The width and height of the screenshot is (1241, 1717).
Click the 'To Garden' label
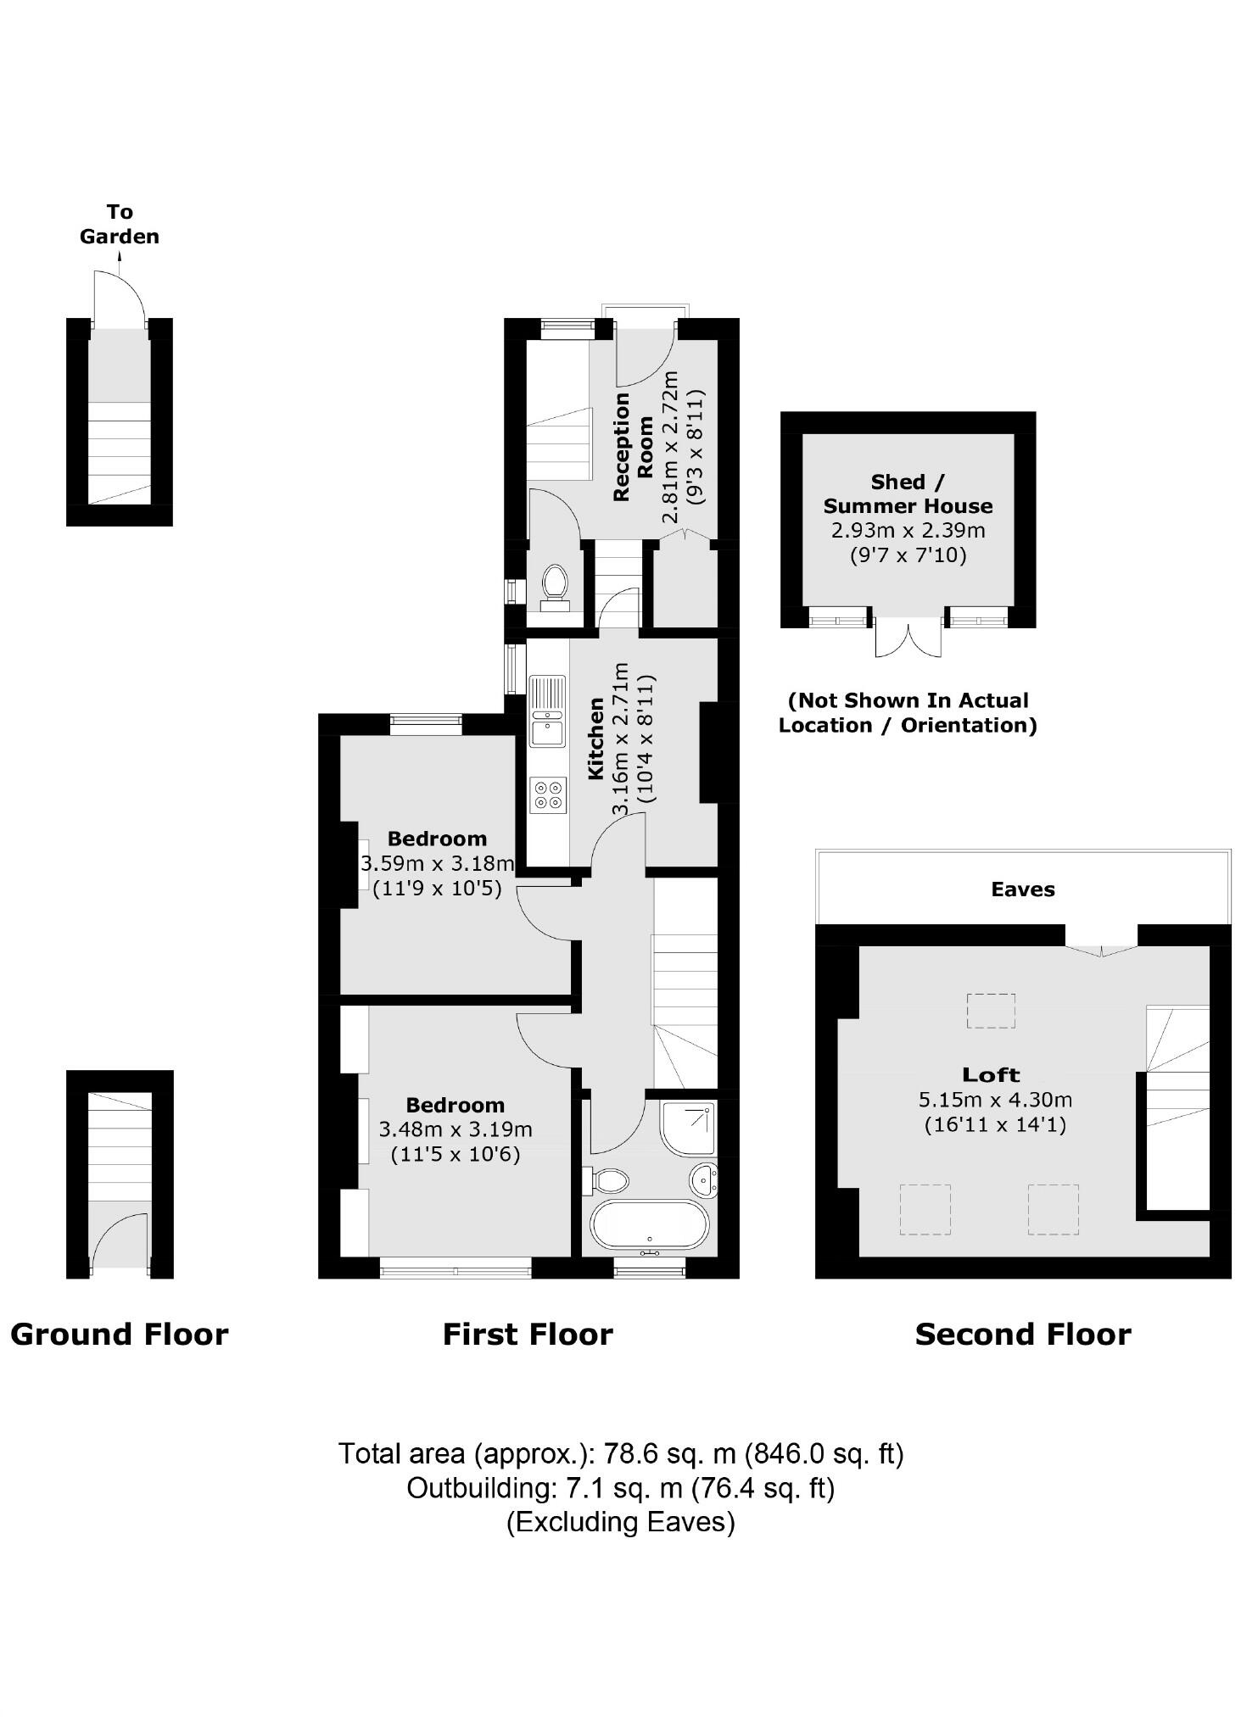coord(120,224)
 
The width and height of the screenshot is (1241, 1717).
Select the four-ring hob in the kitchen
coord(547,794)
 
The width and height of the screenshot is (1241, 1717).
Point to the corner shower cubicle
coord(688,1128)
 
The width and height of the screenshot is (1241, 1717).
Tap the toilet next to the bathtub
coord(607,1180)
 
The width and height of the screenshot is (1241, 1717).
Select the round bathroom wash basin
coord(704,1179)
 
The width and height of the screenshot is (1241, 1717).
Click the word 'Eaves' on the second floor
coord(1022,889)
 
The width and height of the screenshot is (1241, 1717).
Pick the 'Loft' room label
coord(991,1075)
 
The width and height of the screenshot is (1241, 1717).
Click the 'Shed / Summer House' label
coord(908,494)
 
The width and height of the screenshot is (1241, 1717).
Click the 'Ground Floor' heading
coord(120,1335)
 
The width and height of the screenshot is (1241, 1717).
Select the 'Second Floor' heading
coord(1022,1335)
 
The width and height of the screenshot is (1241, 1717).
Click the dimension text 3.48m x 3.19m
coord(456,1129)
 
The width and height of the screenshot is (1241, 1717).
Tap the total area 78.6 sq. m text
coord(621,1453)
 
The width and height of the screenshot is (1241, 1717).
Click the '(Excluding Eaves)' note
coord(621,1522)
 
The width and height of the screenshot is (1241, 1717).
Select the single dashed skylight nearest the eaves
coord(991,1011)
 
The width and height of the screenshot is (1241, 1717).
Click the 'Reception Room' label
coord(633,446)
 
